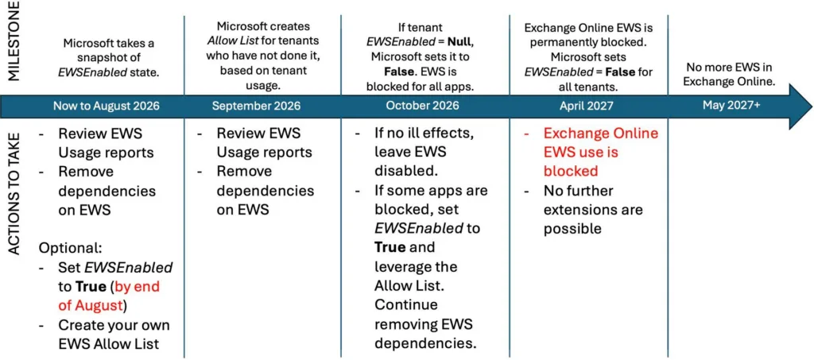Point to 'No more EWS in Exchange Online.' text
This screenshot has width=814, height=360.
pyautogui.click(x=731, y=75)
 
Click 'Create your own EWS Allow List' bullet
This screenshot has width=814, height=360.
pyautogui.click(x=113, y=335)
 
